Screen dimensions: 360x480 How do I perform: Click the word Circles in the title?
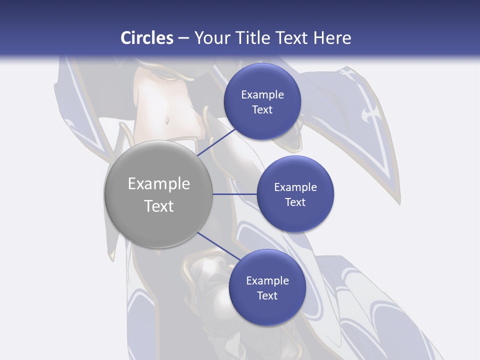coord(147,38)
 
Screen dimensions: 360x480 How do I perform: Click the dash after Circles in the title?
coord(183,38)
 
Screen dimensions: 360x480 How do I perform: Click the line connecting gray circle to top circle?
coord(217,142)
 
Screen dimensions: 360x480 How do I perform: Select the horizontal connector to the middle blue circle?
coord(234,194)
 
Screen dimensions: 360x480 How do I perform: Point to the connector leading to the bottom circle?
coord(215,246)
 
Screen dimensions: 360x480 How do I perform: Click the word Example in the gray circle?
coord(159,184)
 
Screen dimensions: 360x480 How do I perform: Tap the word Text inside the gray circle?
coord(159,206)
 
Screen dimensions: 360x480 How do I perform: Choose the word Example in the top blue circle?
coord(262,95)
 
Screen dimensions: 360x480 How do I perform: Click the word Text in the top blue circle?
coord(262,110)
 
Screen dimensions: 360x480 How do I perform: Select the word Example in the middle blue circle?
coord(295,187)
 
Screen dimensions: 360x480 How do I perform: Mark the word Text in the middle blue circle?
coord(295,202)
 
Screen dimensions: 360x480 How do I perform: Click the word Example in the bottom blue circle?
coord(267,281)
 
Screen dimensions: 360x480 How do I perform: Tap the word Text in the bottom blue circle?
coord(267,296)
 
